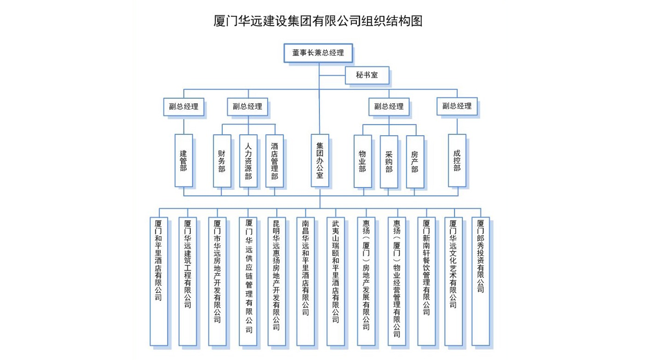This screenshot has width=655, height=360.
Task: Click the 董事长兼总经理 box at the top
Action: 318,53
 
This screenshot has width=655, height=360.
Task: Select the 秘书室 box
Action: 367,76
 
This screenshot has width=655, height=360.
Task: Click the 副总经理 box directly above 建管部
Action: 183,107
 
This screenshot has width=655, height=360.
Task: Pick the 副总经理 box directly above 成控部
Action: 457,106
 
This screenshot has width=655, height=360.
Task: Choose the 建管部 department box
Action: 184,160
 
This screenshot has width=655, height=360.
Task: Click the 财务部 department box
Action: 222,161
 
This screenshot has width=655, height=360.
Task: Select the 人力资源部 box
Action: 248,161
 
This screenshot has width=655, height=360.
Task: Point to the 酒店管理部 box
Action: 274,161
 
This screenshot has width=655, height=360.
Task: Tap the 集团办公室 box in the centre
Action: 320,160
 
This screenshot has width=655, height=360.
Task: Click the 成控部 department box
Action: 457,160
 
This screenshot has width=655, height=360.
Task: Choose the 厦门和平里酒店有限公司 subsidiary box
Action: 158,281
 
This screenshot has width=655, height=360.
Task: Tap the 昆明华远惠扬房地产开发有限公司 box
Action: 277,281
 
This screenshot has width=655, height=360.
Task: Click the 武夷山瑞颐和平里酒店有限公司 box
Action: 335,281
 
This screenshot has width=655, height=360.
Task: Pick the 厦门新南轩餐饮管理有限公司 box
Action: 426,281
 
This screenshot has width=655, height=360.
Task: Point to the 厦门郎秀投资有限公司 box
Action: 480,281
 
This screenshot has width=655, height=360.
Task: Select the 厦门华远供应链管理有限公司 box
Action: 248,281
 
